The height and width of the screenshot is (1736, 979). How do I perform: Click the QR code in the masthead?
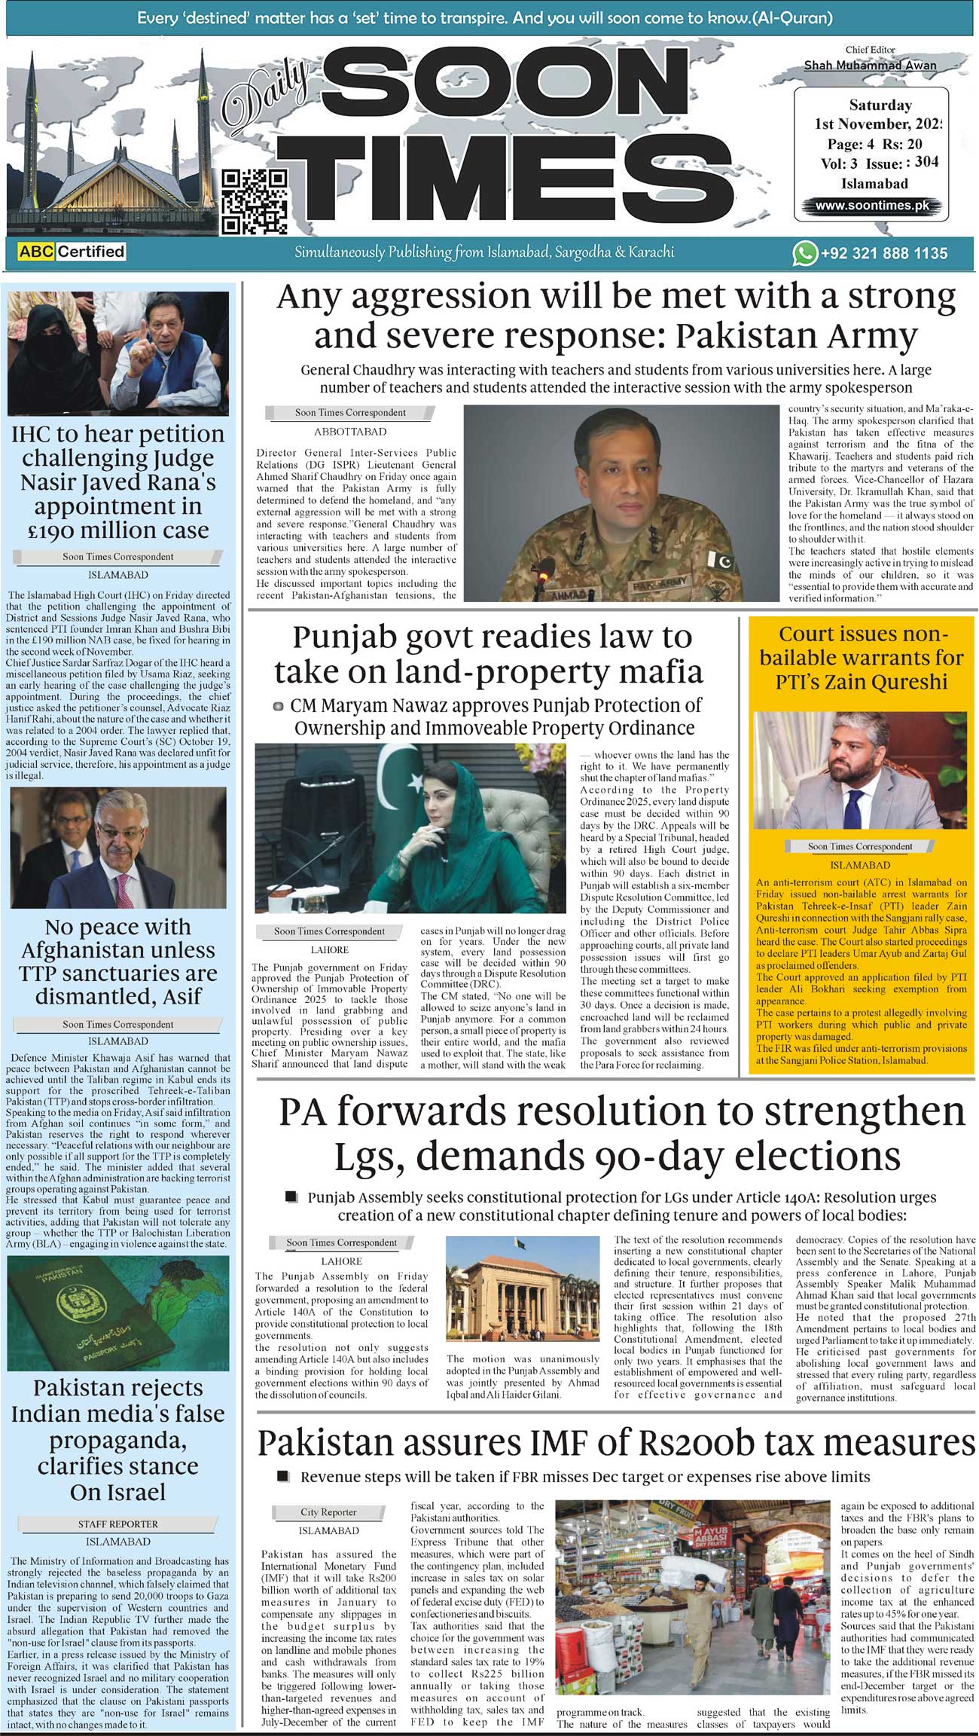[x=255, y=201]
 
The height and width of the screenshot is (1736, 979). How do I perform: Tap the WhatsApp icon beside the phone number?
[x=804, y=253]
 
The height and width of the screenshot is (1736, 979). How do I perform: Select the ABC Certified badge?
[x=72, y=252]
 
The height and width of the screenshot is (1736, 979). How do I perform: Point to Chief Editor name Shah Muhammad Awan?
[x=870, y=66]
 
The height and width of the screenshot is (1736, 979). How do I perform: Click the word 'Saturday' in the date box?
[x=880, y=105]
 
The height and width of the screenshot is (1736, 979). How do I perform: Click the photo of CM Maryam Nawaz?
[x=410, y=827]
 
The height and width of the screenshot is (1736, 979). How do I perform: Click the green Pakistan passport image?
[x=118, y=1312]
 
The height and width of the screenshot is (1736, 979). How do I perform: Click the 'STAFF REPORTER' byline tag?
[x=118, y=1524]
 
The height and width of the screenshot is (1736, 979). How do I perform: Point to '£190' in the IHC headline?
[x=59, y=530]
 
